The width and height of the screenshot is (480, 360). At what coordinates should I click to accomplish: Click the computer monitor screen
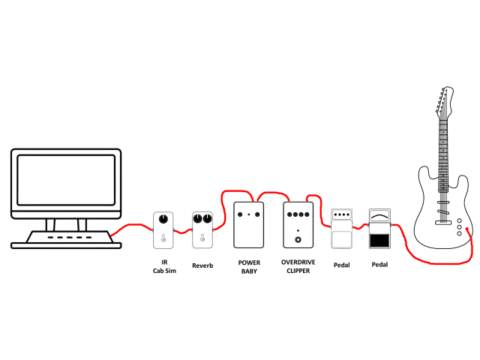[66, 180]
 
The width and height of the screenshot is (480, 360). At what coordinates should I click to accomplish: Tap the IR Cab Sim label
[164, 266]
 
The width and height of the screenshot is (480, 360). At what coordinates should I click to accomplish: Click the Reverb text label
[202, 265]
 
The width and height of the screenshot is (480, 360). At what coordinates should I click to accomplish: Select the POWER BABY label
[249, 267]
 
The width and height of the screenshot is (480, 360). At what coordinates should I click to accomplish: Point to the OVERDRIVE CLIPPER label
[298, 266]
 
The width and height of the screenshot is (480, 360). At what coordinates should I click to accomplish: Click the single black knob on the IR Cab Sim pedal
[163, 218]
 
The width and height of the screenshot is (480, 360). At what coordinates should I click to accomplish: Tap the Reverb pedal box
[202, 230]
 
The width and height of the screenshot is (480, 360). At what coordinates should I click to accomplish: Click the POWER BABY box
[248, 225]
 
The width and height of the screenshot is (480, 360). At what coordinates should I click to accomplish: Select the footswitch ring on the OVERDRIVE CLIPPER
[298, 240]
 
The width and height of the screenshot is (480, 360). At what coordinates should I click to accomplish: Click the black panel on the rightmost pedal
[379, 241]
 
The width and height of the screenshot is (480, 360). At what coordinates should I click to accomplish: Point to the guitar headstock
[444, 103]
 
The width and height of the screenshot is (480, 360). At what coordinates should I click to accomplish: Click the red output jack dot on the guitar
[467, 229]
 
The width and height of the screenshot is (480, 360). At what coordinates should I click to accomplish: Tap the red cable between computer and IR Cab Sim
[132, 226]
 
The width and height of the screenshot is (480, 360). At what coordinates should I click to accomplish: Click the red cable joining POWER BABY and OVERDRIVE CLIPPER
[271, 193]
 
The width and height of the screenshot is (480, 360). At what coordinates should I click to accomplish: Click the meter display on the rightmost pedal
[379, 216]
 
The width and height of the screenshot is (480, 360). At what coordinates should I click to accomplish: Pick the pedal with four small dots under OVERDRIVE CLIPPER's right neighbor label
[341, 228]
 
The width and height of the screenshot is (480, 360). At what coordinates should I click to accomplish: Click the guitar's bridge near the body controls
[443, 223]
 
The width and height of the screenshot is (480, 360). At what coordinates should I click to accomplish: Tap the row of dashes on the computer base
[70, 237]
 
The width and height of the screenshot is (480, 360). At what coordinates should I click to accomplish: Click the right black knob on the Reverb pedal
[207, 218]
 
